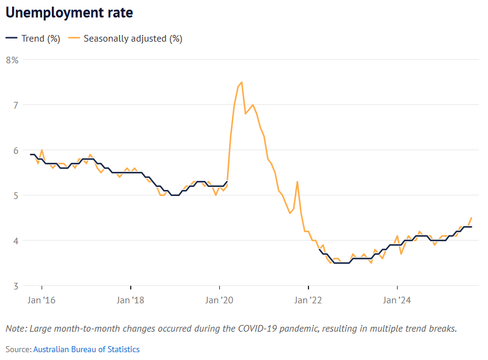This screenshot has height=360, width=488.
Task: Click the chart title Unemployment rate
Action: tap(69, 13)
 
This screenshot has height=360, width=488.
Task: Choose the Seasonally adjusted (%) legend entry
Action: tap(126, 39)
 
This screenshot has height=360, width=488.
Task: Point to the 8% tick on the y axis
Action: tap(12, 60)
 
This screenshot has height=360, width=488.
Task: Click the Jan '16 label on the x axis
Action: tap(42, 300)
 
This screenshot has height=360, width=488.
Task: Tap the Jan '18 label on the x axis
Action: tap(130, 300)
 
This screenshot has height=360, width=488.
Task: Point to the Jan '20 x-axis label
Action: tap(219, 300)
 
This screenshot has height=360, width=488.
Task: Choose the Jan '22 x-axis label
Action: tap(308, 300)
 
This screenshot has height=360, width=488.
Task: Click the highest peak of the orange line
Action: tap(242, 82)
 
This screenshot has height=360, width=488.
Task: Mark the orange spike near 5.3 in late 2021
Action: tap(297, 182)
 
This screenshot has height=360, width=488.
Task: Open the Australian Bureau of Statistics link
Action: tap(86, 349)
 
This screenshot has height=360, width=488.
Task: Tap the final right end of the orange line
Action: tap(471, 218)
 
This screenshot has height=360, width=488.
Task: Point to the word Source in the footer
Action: tap(17, 349)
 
